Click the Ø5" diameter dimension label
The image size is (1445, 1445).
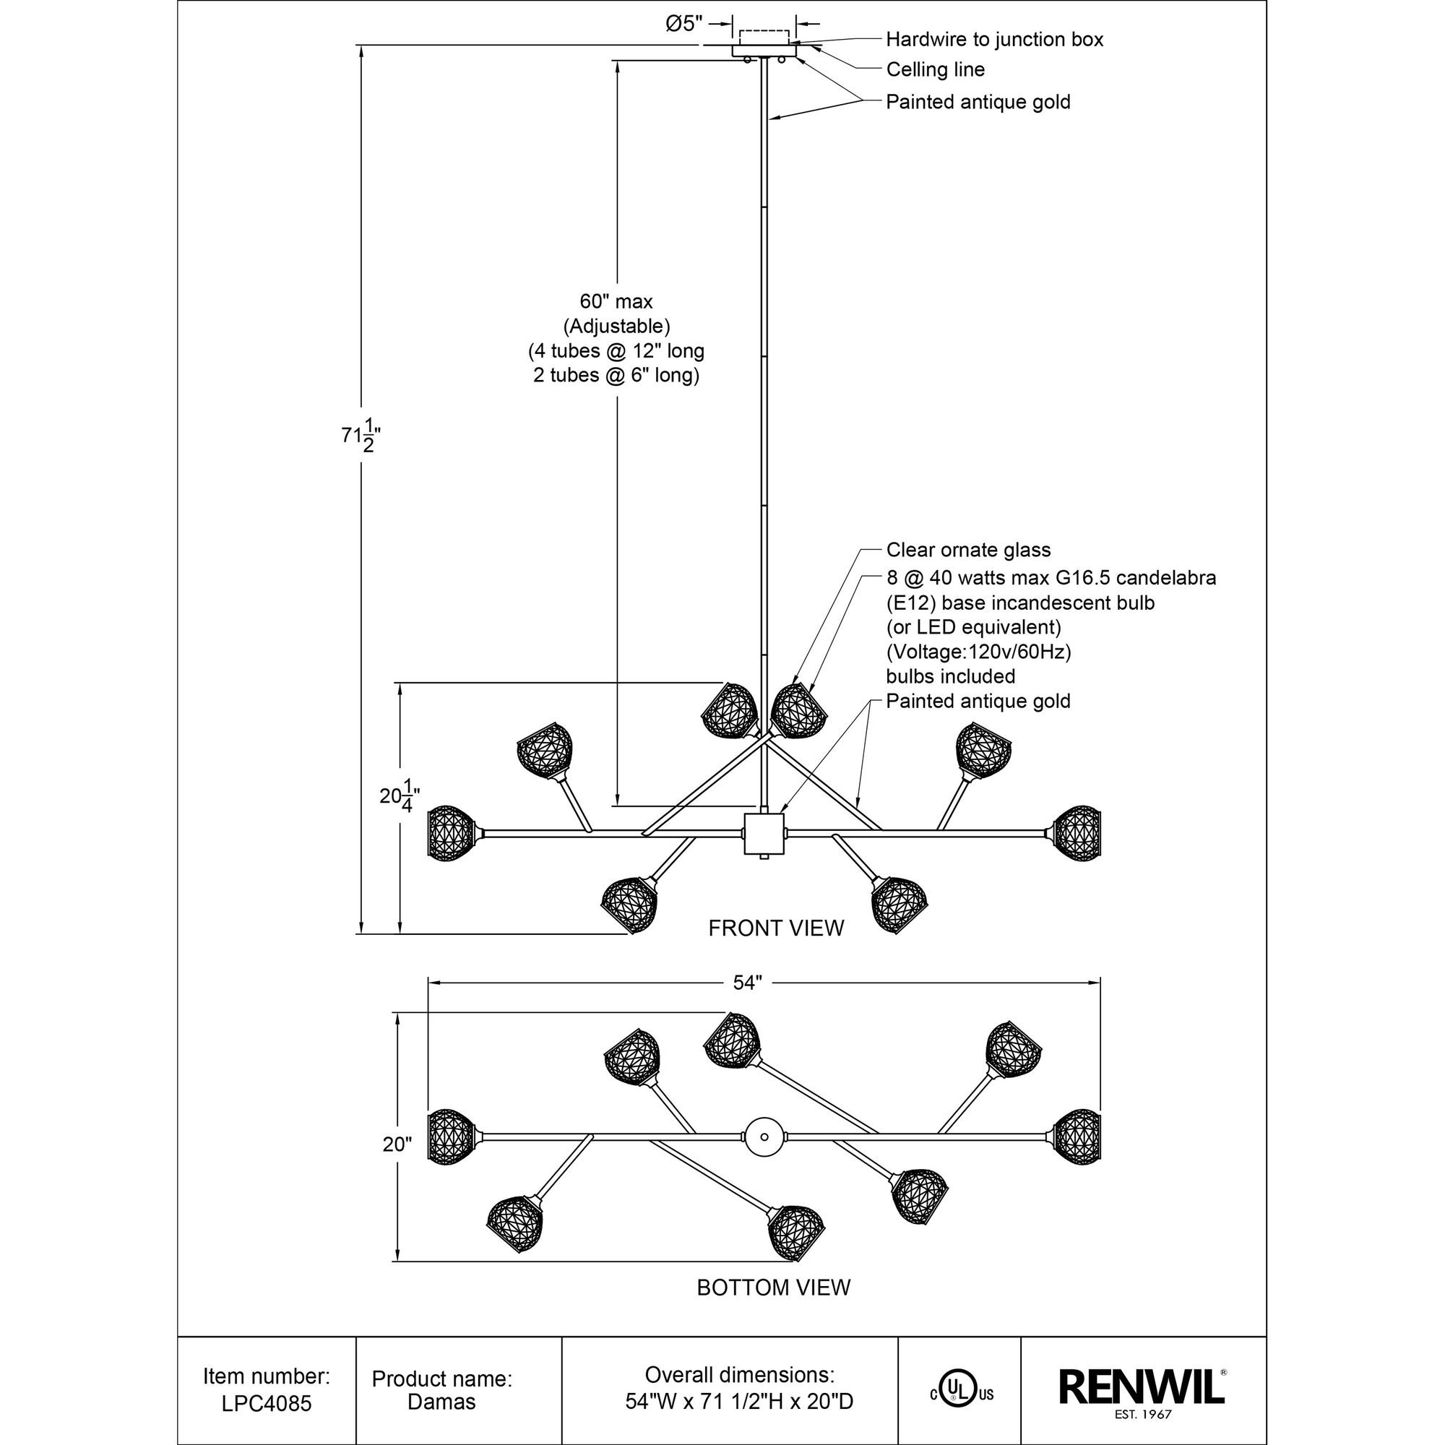(x=684, y=24)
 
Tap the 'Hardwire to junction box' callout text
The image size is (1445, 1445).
(x=994, y=40)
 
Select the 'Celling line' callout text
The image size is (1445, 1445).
(x=935, y=69)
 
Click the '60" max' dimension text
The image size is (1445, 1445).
(x=616, y=301)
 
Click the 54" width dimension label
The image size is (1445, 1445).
(x=746, y=983)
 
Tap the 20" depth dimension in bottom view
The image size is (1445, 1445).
(x=397, y=1144)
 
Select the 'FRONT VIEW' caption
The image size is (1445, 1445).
(x=775, y=928)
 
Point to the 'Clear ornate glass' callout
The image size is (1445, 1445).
(x=968, y=550)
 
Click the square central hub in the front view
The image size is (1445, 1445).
(x=764, y=834)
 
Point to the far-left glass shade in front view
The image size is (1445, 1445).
(x=451, y=832)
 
